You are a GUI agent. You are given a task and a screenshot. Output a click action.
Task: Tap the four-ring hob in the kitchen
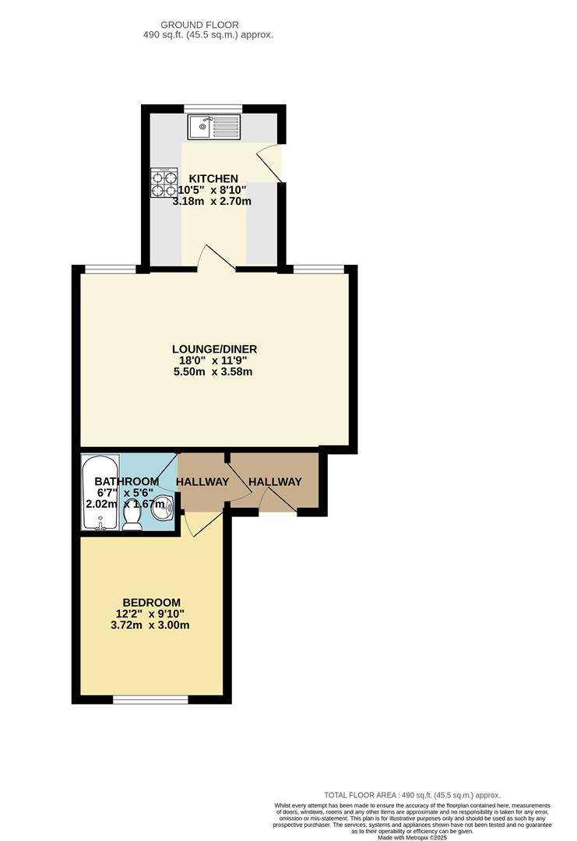click(x=164, y=182)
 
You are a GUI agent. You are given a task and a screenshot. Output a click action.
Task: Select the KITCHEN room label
click(x=213, y=178)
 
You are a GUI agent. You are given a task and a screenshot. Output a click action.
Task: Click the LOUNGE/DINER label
click(x=214, y=349)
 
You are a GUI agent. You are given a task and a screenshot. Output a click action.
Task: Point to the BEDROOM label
click(x=151, y=602)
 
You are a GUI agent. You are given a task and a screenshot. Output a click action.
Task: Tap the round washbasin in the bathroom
click(x=163, y=508)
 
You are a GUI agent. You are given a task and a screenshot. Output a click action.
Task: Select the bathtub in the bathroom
click(x=100, y=493)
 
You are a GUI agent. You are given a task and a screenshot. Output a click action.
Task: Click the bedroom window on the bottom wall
click(x=151, y=699)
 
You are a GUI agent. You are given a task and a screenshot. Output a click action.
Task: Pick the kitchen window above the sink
click(x=213, y=109)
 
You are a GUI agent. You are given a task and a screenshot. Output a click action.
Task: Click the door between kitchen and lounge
click(x=216, y=257)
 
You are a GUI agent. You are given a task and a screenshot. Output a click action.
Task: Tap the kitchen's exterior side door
click(x=269, y=163)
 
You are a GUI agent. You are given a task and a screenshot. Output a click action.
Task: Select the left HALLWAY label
click(x=202, y=482)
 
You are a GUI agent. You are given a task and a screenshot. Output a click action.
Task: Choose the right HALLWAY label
click(x=275, y=482)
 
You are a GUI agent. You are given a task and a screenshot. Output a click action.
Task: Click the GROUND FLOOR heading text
click(x=199, y=25)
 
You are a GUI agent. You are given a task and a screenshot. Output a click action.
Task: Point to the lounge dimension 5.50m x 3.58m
click(x=213, y=371)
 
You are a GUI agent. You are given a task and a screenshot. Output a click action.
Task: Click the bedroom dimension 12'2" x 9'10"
click(x=150, y=614)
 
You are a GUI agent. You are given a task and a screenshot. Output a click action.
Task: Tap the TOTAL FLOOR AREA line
click(x=412, y=795)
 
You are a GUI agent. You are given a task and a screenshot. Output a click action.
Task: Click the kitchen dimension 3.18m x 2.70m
click(x=212, y=202)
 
